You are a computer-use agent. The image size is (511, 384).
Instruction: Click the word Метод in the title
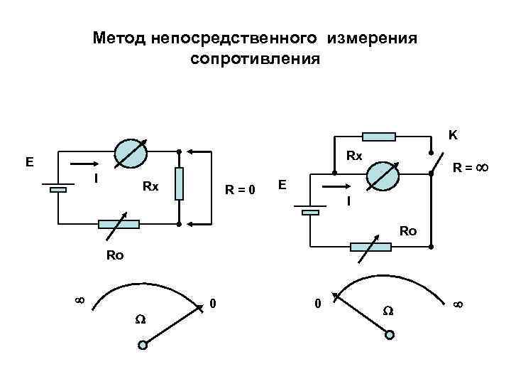tap(119, 38)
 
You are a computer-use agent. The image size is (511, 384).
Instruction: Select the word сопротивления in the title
tap(255, 58)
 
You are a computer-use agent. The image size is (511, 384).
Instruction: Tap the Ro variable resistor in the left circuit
tap(119, 224)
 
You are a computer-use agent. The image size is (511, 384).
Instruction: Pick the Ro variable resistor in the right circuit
tap(370, 247)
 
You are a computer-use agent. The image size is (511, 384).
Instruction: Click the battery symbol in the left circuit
tap(58, 188)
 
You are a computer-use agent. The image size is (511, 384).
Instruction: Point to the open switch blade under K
tap(439, 162)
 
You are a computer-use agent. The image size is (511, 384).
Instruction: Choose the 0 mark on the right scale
tap(317, 304)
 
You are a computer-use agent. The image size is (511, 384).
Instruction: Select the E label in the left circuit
tap(29, 161)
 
